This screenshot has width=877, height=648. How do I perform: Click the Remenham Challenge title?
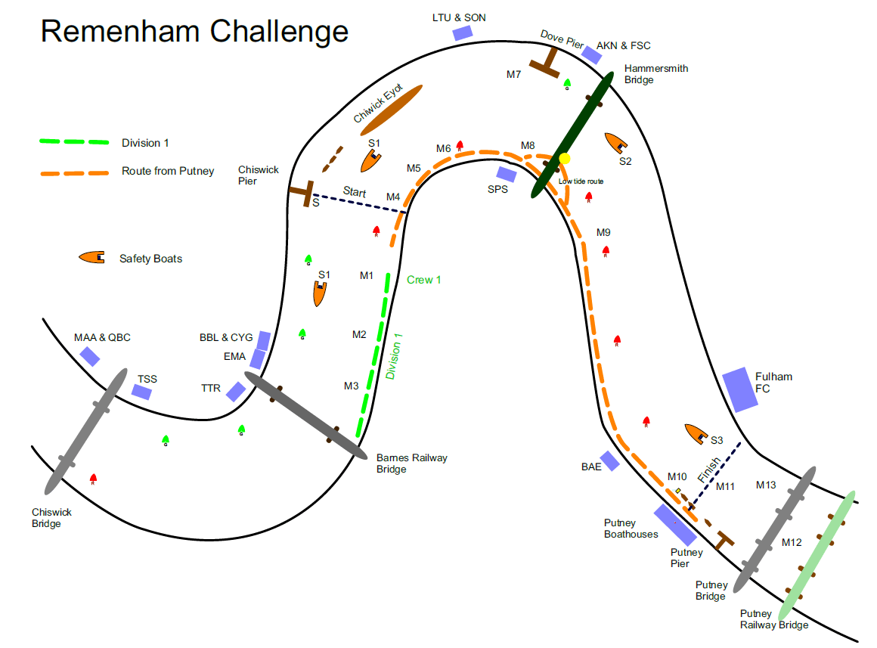click(x=194, y=32)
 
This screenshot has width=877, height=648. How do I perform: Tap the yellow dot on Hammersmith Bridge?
click(x=564, y=159)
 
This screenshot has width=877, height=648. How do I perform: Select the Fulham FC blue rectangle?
click(x=740, y=390)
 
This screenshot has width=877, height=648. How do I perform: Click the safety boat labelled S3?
click(x=694, y=434)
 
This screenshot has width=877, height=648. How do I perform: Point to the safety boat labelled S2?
click(x=617, y=143)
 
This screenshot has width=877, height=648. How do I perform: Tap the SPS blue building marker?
click(x=506, y=175)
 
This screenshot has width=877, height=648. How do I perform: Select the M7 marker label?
click(x=514, y=74)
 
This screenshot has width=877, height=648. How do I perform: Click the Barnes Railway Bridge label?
click(x=411, y=463)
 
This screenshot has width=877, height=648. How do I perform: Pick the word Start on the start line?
click(x=355, y=192)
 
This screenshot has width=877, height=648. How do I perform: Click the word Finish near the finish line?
click(x=709, y=470)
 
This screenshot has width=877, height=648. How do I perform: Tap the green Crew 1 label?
click(x=423, y=280)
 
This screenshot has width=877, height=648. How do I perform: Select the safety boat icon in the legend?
click(x=91, y=258)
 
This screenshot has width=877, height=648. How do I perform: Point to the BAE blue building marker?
click(x=610, y=461)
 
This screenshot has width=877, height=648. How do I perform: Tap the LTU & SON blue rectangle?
click(x=462, y=33)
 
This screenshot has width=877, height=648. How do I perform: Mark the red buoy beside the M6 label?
click(x=459, y=147)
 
